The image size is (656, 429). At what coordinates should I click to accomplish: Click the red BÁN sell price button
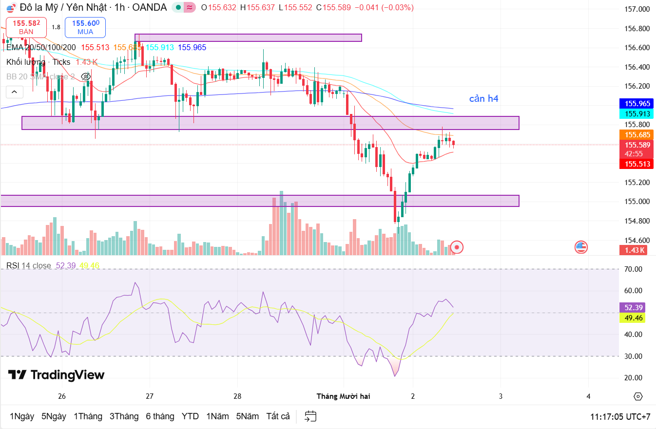(26, 27)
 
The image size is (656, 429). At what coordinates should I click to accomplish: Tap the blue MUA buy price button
(85, 27)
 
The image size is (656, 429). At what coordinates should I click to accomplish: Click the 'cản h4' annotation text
(483, 99)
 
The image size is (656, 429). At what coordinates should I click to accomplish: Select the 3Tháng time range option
(124, 416)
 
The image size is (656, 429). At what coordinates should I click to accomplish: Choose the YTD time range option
(190, 416)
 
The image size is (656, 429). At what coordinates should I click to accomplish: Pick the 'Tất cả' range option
(278, 416)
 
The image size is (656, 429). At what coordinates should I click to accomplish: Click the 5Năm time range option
(248, 416)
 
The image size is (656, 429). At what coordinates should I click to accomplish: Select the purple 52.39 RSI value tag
(634, 308)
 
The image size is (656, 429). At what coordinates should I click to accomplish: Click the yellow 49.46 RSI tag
(634, 318)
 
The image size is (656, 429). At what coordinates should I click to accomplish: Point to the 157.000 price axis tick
(637, 9)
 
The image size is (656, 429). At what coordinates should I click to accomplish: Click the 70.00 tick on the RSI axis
(634, 269)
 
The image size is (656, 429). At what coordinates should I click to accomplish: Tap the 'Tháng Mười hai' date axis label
(344, 396)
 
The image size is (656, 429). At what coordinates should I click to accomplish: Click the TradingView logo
(57, 375)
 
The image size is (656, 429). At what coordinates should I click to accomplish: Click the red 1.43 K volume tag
(635, 250)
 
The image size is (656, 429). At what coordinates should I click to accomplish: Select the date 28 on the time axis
(237, 396)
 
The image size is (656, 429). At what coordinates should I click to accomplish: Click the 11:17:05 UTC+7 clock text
(620, 417)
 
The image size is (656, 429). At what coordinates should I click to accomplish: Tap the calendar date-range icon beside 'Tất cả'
(310, 416)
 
